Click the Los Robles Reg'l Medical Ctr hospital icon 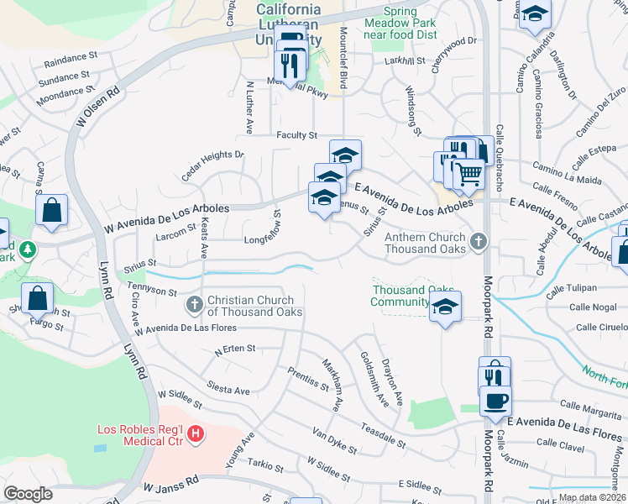pyautogui.click(x=195, y=434)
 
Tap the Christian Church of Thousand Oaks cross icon pyautogui.click(x=194, y=304)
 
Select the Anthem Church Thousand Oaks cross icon pyautogui.click(x=479, y=242)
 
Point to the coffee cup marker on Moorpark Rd pyautogui.click(x=495, y=399)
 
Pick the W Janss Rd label pyautogui.click(x=171, y=486)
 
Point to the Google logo pyautogui.click(x=28, y=494)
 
